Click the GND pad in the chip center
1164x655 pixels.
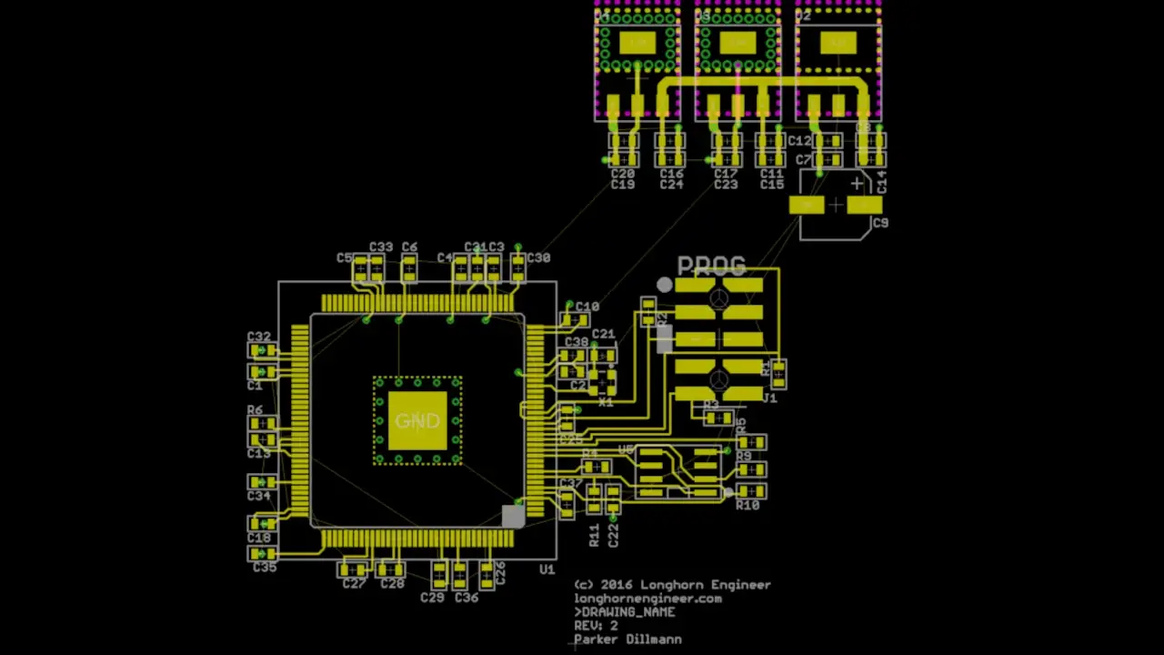click(417, 421)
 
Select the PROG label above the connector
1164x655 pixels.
click(711, 266)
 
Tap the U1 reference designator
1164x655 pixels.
click(547, 569)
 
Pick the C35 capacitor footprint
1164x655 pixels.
click(262, 553)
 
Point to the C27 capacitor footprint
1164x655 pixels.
click(353, 569)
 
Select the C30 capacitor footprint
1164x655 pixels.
click(517, 266)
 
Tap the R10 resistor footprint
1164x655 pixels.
click(751, 491)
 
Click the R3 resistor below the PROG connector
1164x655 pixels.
click(718, 418)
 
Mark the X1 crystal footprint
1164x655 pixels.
click(601, 382)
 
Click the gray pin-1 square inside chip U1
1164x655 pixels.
click(513, 516)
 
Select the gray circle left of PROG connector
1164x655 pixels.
click(665, 286)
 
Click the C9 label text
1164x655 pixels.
click(879, 223)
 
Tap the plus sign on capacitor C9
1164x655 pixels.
click(857, 185)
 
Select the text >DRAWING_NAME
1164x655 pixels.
click(625, 612)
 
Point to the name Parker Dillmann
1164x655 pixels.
click(627, 640)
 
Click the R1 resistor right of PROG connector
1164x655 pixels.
click(778, 373)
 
